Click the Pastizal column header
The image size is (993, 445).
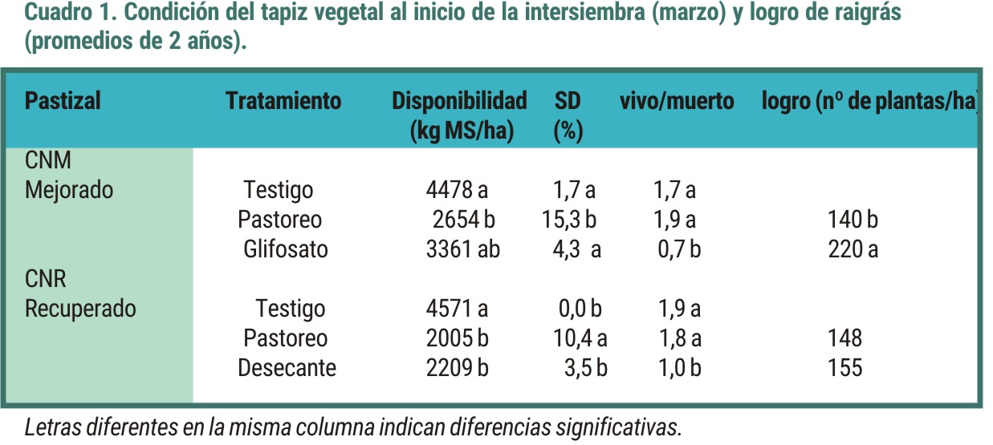pyautogui.click(x=63, y=101)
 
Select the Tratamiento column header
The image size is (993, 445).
pyautogui.click(x=283, y=101)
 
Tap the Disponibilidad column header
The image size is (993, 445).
pyautogui.click(x=459, y=101)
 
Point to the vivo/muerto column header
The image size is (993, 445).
pyautogui.click(x=676, y=101)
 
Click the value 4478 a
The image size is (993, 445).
pyautogui.click(x=457, y=190)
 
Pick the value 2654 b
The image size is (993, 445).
pyautogui.click(x=462, y=220)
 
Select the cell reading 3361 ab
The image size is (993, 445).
pyautogui.click(x=462, y=249)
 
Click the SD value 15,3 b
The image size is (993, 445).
pyautogui.click(x=568, y=220)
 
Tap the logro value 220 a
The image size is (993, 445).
pyautogui.click(x=853, y=249)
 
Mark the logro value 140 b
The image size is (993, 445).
pyautogui.click(x=853, y=220)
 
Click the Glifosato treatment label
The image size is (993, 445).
pyautogui.click(x=286, y=249)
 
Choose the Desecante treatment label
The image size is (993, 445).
pyautogui.click(x=287, y=368)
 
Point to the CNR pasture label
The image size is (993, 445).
pyautogui.click(x=46, y=279)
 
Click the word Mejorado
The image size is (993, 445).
pyautogui.click(x=69, y=190)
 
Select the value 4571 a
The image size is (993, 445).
pyautogui.click(x=457, y=309)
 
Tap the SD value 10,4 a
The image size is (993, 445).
pyautogui.click(x=580, y=338)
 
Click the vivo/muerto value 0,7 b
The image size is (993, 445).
pyautogui.click(x=679, y=249)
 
